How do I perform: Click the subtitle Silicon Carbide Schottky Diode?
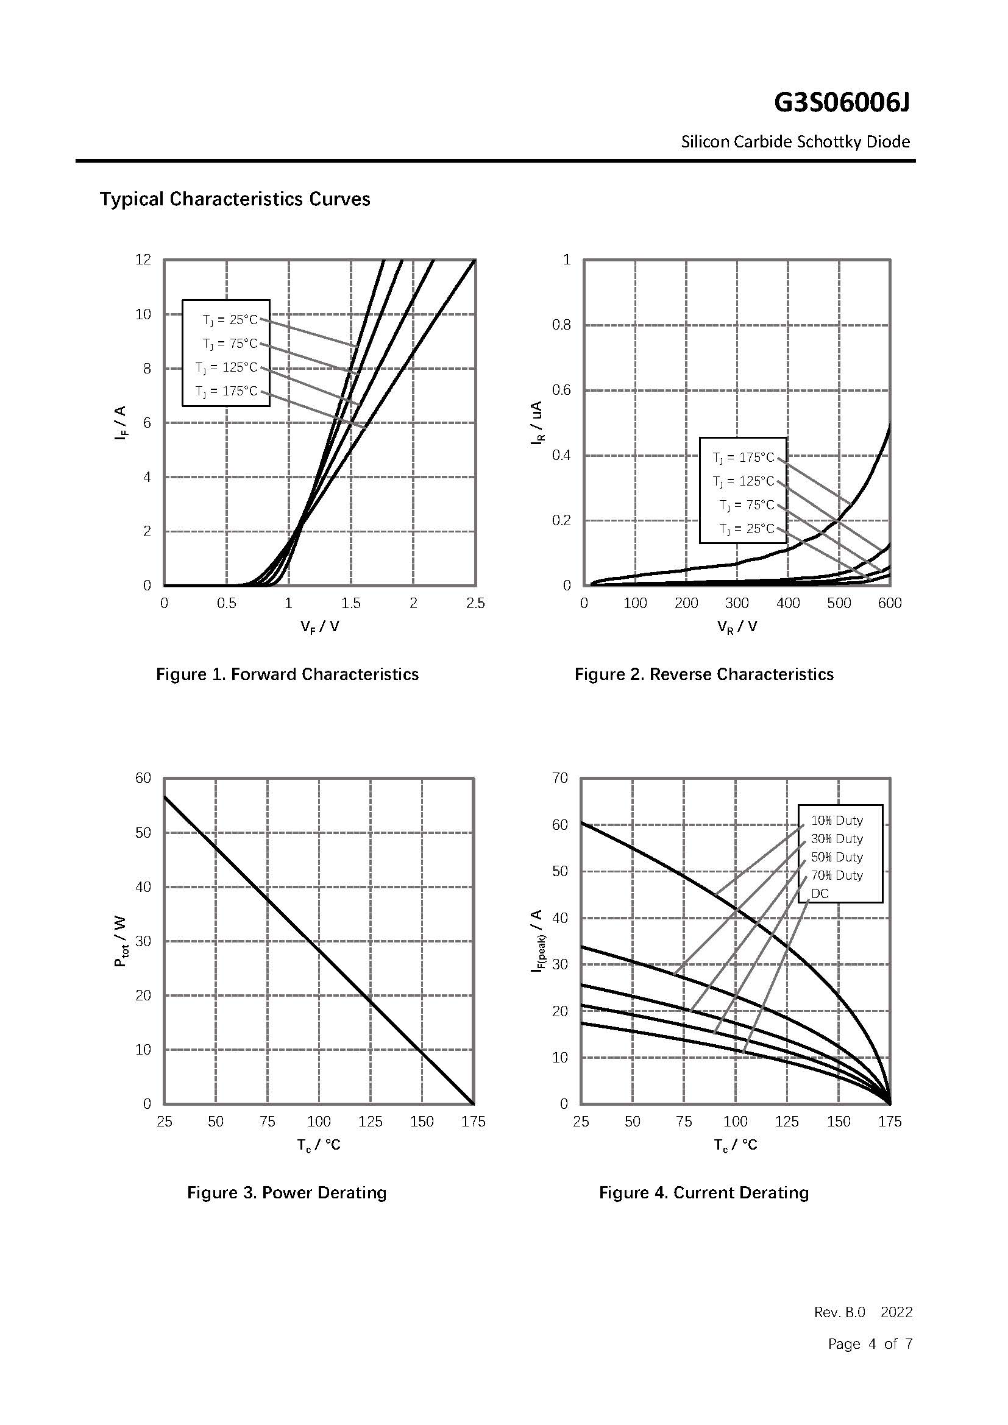[x=795, y=142]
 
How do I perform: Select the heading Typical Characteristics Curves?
[x=235, y=199]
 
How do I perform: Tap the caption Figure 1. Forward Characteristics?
[x=287, y=674]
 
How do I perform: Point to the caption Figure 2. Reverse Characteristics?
[x=704, y=674]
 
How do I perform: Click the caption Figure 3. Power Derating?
[x=287, y=1193]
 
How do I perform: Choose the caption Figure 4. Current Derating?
[x=704, y=1193]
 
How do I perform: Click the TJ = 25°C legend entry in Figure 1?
[x=230, y=320]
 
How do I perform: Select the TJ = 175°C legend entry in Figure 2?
[x=744, y=458]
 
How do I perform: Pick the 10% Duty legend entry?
[x=837, y=821]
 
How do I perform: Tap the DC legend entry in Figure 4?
[x=819, y=894]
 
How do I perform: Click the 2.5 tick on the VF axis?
[x=475, y=603]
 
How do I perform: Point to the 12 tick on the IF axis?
[x=143, y=260]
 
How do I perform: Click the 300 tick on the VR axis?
[x=737, y=603]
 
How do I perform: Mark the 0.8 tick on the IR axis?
[x=561, y=325]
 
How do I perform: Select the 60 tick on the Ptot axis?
[x=143, y=778]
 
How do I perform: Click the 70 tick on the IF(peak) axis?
[x=560, y=778]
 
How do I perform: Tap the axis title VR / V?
[x=737, y=627]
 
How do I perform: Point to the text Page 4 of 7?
[x=870, y=1345]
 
